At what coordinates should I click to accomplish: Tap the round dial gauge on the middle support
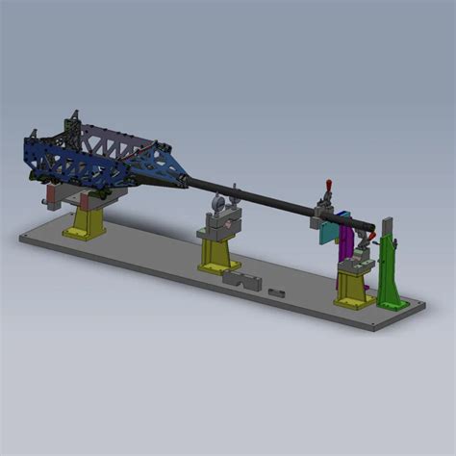tap(218, 203)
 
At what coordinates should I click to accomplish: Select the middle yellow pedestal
tap(219, 252)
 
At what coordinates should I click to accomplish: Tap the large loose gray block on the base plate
tap(241, 280)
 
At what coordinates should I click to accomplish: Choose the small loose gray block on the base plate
tap(277, 291)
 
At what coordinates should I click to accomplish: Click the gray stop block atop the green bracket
tap(387, 225)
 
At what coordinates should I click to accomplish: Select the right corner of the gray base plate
tap(423, 306)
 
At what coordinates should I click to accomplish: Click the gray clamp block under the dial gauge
tap(219, 227)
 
